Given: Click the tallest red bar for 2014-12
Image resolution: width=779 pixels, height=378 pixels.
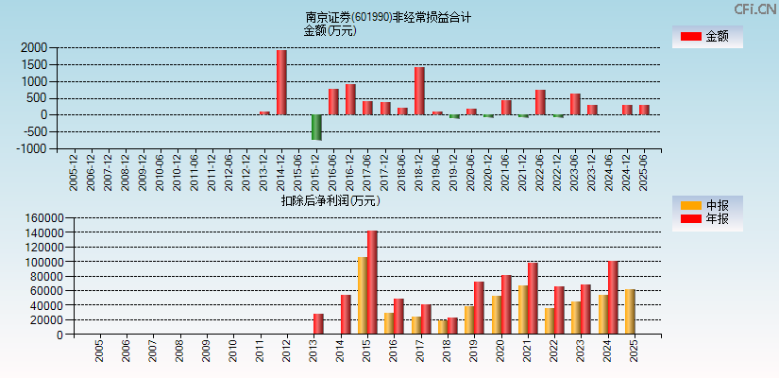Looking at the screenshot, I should click(x=281, y=82).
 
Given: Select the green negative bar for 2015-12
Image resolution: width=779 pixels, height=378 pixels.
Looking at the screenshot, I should click(x=316, y=127).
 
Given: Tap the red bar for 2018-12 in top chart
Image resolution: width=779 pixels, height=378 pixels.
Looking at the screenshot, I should click(x=419, y=91).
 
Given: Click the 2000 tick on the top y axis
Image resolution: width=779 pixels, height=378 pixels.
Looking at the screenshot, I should click(x=33, y=47).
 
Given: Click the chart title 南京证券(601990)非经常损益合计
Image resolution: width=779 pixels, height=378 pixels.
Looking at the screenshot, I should click(x=388, y=17).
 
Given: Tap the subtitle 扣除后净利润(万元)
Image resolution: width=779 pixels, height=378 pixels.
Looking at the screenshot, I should click(x=330, y=200).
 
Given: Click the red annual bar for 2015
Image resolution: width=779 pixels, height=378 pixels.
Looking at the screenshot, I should click(x=372, y=283).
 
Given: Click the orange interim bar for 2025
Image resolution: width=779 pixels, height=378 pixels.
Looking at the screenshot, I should click(x=630, y=312).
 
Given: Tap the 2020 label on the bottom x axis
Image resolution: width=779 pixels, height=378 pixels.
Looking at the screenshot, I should click(x=497, y=352).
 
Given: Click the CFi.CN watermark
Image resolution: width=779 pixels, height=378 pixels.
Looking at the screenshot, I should click(x=755, y=9).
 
